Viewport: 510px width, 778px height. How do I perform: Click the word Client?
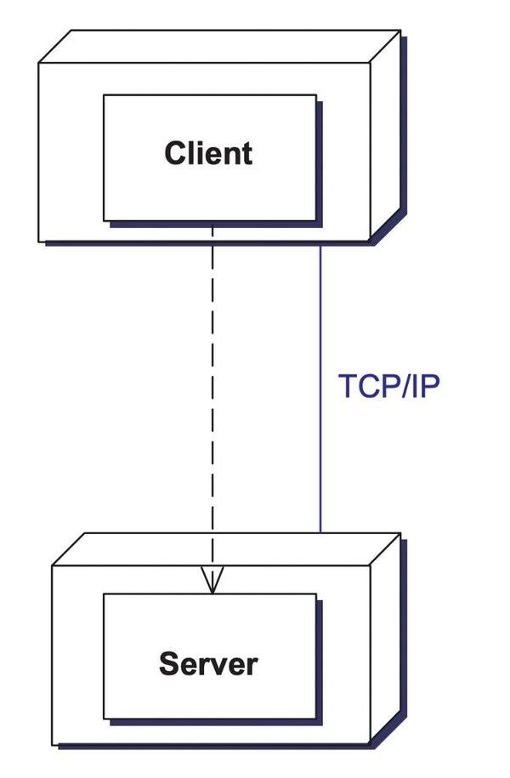pyautogui.click(x=208, y=153)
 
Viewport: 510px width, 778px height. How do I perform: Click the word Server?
pyautogui.click(x=208, y=663)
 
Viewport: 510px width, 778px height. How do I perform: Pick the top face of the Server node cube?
pyautogui.click(x=225, y=549)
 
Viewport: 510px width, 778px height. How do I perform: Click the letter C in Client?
pyautogui.click(x=175, y=153)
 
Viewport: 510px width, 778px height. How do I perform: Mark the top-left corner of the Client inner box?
pyautogui.click(x=104, y=95)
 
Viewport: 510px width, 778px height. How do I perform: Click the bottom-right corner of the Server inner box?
pyautogui.click(x=316, y=718)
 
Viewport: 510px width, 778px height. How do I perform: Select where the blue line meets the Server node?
pyautogui.click(x=320, y=532)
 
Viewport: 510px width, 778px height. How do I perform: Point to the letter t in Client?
pyautogui.click(x=246, y=153)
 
